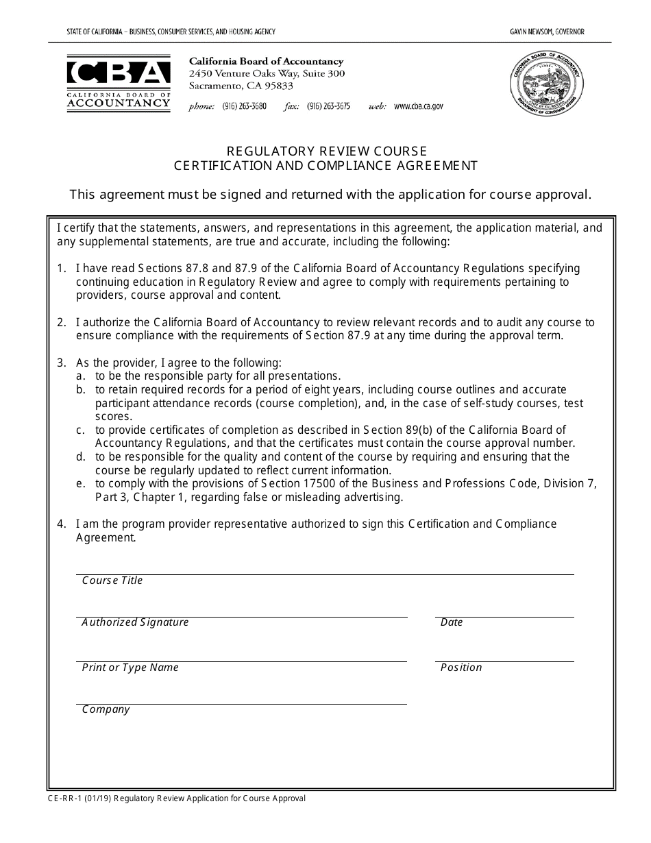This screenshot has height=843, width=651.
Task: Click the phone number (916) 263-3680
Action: (x=244, y=107)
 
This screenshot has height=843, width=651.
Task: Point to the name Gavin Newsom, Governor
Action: (x=547, y=32)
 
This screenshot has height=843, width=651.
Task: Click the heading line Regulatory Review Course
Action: (x=326, y=151)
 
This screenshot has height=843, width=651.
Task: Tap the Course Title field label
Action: (x=112, y=581)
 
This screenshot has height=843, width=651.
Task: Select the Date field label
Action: (x=452, y=622)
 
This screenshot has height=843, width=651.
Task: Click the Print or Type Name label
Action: (x=130, y=668)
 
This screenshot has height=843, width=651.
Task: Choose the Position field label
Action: (x=461, y=668)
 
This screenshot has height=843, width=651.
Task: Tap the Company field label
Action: (x=106, y=709)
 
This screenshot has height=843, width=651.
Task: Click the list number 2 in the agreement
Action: (x=61, y=322)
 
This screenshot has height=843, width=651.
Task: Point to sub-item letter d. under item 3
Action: (x=80, y=456)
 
